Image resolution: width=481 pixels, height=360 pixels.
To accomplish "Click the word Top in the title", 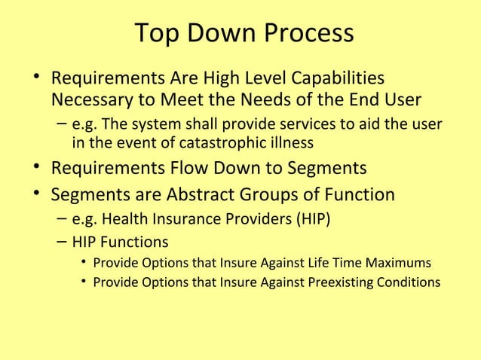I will [x=156, y=34].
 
